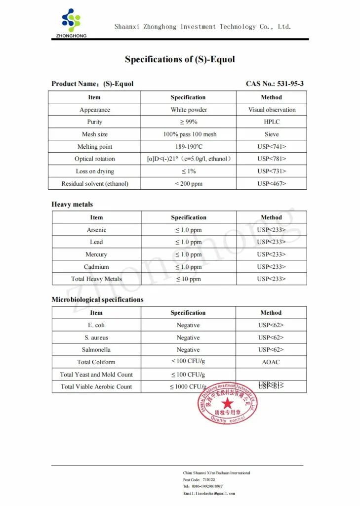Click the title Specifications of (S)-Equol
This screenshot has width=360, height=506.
coord(180,59)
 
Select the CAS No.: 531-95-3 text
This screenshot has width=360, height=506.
coord(275,84)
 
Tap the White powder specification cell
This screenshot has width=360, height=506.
coord(189,110)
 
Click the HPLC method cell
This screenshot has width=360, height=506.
coord(271,122)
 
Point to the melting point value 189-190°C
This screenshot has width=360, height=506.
coord(189,147)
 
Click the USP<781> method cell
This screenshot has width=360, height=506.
coord(271,159)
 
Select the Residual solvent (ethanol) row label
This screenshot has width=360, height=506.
coord(95,184)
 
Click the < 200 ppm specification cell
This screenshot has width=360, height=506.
coord(189,184)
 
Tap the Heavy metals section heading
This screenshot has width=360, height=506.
coord(72,205)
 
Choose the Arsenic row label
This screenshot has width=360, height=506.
coord(96,230)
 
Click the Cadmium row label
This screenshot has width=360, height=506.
coord(96,267)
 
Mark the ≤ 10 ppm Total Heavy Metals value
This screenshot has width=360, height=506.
coord(189,279)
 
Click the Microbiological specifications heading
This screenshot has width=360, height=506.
coord(97,300)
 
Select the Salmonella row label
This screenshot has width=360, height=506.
coord(96,350)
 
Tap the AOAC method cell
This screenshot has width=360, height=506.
coord(271,362)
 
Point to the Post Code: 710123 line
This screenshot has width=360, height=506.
coord(199,480)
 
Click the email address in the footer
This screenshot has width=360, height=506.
coord(209,493)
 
